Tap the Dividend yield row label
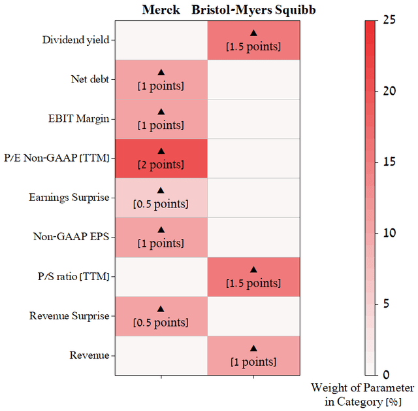75,40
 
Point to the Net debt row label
89,79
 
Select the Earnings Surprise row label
69,197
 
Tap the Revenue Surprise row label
69,316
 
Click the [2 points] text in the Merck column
161,164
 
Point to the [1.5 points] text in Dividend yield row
253,46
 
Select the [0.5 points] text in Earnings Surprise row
161,204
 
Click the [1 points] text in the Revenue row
253,361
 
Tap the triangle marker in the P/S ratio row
253,269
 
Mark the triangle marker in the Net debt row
161,72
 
